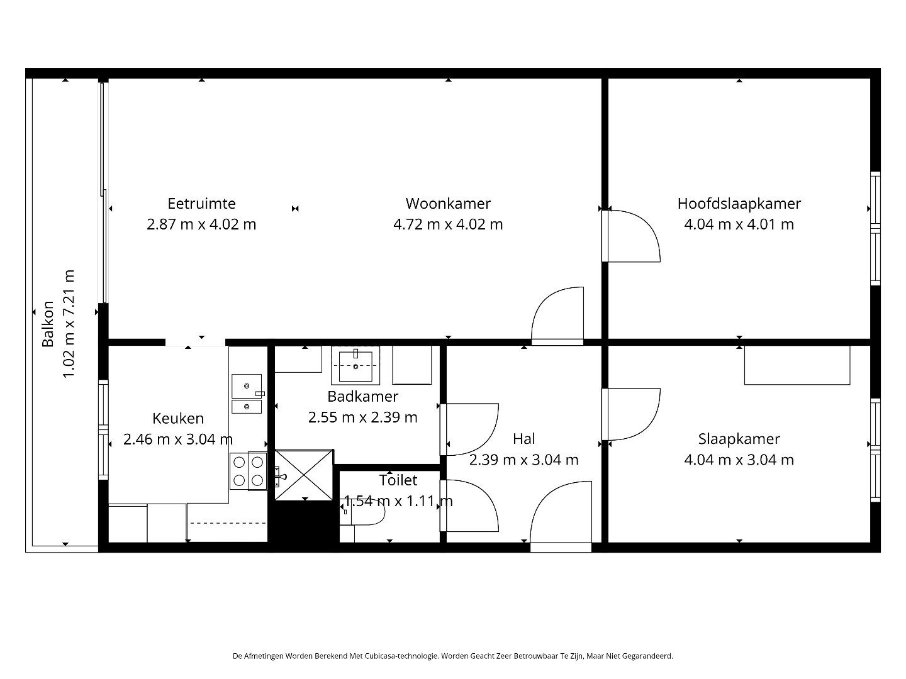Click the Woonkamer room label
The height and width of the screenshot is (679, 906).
coord(448,204)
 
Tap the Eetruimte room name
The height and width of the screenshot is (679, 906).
coord(201,204)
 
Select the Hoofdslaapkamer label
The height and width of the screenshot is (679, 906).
coord(739,204)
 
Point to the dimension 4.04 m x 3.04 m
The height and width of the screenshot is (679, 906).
coord(739,460)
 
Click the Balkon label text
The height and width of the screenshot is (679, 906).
coord(48,324)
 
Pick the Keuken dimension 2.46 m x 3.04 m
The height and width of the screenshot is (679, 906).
coord(178,439)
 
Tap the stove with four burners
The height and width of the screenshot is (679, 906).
coord(248,472)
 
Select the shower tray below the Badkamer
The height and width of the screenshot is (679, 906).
coord(305,475)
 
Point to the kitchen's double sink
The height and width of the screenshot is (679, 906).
coord(247,394)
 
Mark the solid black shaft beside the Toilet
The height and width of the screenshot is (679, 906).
coord(303,523)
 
